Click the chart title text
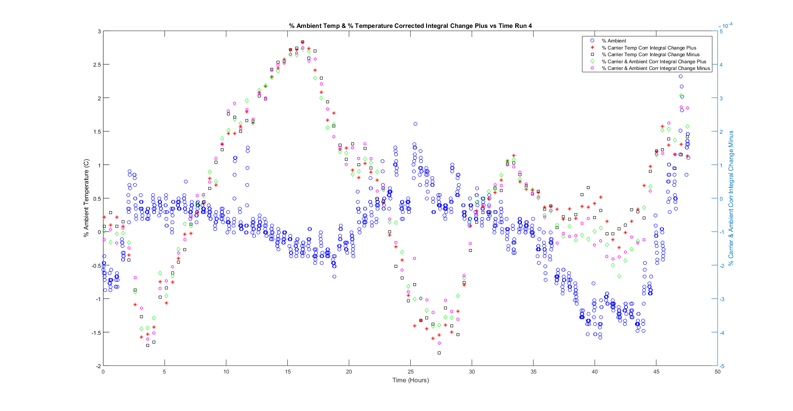pyautogui.click(x=410, y=26)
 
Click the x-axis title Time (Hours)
pyautogui.click(x=410, y=380)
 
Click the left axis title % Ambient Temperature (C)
pyautogui.click(x=87, y=198)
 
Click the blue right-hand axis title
pyautogui.click(x=731, y=198)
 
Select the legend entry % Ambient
pyautogui.click(x=614, y=41)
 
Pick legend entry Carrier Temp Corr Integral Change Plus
pyautogui.click(x=649, y=48)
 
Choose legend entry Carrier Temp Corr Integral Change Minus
pyautogui.click(x=651, y=55)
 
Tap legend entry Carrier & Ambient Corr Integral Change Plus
pyautogui.click(x=654, y=62)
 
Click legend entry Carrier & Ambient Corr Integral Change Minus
pyautogui.click(x=656, y=68)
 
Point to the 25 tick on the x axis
pyautogui.click(x=410, y=372)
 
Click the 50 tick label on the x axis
pyautogui.click(x=717, y=372)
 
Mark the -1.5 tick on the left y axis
pyautogui.click(x=96, y=332)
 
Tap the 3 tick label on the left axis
pyautogui.click(x=99, y=31)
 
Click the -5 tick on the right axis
pyautogui.click(x=722, y=366)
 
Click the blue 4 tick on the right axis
pyautogui.click(x=721, y=65)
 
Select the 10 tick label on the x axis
pyautogui.click(x=226, y=372)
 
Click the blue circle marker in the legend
pyautogui.click(x=592, y=41)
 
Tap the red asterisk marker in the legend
pyautogui.click(x=592, y=48)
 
